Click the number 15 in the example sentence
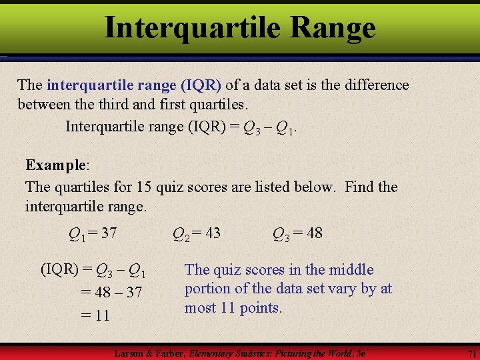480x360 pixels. coord(145,187)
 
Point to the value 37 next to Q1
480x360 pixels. coord(109,233)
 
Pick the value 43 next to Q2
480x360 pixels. coord(212,233)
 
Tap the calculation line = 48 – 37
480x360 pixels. coord(111,292)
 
